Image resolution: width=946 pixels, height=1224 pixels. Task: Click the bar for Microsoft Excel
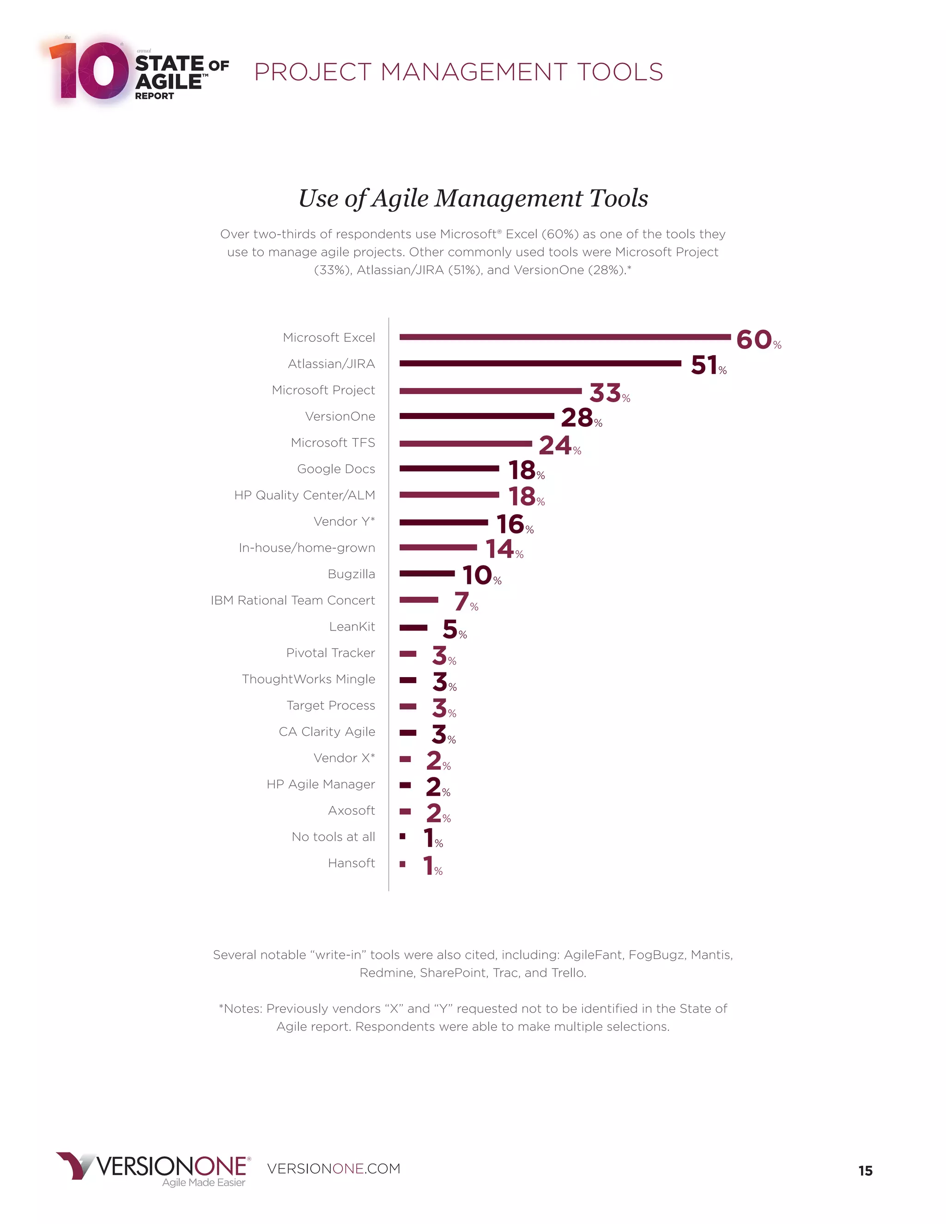pos(565,337)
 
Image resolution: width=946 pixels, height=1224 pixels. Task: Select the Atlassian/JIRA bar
pos(540,363)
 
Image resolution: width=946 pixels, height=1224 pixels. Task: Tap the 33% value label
pos(609,393)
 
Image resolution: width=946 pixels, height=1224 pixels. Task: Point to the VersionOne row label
pos(340,417)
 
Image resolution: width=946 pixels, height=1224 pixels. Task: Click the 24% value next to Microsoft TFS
pos(559,446)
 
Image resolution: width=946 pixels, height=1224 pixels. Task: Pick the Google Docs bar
pos(449,468)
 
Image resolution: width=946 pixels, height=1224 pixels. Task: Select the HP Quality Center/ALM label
pos(304,495)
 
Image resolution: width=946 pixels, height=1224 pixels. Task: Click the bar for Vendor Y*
pos(443,522)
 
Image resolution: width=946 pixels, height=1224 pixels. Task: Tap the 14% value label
pos(503,549)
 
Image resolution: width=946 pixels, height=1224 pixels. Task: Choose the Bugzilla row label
pos(351,574)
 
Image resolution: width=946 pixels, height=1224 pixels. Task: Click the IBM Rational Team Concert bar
pos(418,600)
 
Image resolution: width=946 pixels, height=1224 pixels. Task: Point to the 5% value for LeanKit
pos(454,630)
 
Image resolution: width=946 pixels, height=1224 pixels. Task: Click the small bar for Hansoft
pos(402,864)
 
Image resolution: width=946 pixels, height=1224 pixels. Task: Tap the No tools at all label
pos(333,837)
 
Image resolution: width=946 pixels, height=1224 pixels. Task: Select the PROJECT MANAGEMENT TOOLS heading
pos(458,73)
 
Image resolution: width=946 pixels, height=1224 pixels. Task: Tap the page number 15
pos(865,1170)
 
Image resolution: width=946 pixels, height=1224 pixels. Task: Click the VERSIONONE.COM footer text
pos(334,1169)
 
